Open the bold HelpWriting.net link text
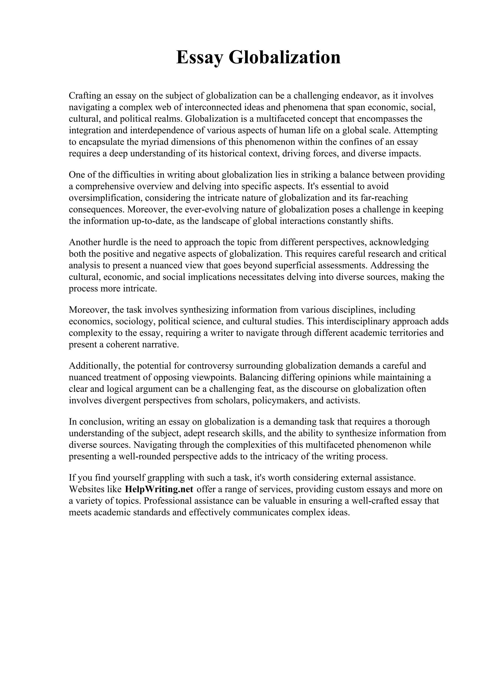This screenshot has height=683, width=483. tap(159, 489)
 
